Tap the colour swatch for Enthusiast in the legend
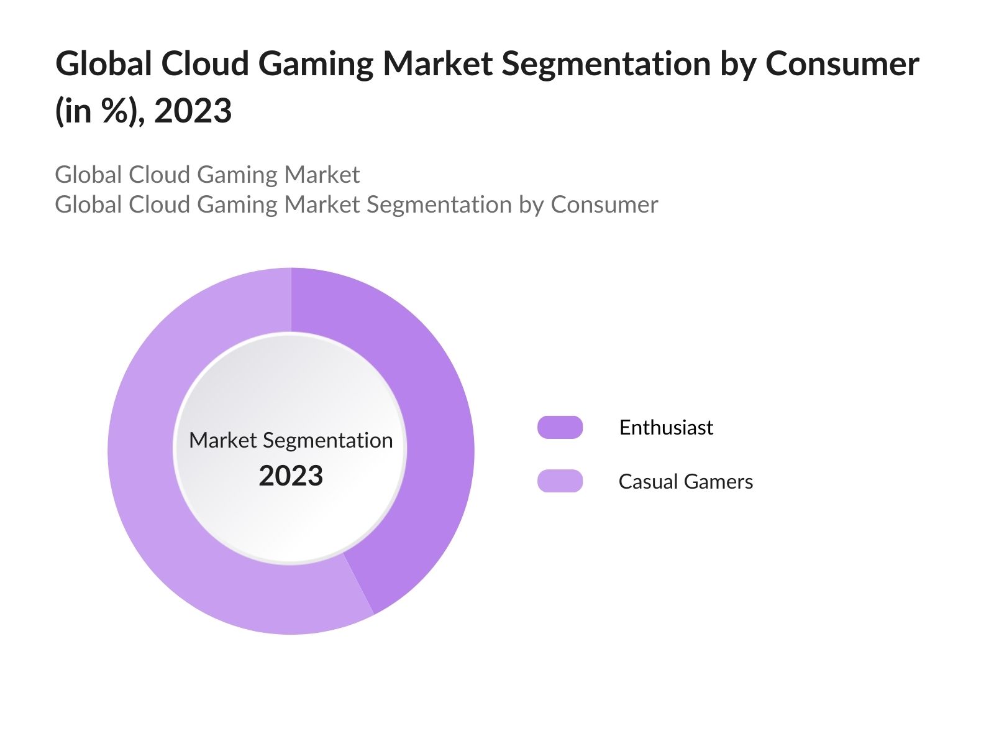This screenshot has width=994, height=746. (560, 427)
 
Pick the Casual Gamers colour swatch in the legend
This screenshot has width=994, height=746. (560, 481)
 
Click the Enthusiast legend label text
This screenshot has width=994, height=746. (666, 427)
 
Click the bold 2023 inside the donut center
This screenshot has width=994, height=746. (291, 476)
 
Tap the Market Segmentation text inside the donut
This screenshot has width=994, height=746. (291, 440)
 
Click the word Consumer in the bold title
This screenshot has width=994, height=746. (842, 64)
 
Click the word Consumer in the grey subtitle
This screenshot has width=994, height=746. (604, 205)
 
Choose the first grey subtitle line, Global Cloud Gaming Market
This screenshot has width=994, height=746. (207, 175)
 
